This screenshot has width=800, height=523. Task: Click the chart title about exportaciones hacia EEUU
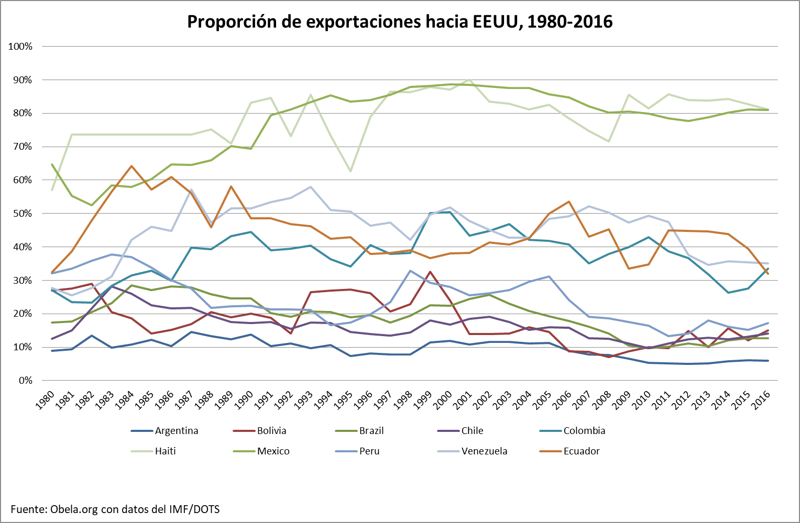400,21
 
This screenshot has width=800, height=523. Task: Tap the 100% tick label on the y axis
20,47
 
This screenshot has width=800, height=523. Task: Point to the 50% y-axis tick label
22,214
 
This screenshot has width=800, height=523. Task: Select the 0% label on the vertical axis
25,381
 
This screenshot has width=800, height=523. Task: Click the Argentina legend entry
177,431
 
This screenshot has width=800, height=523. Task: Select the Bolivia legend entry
271,431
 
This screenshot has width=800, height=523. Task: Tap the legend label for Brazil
371,431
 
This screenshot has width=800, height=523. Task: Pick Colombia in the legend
584,431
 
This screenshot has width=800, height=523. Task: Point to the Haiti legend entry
165,451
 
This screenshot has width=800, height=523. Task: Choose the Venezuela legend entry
484,451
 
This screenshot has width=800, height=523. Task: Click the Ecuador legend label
582,451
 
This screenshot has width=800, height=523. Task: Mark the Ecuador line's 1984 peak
131,166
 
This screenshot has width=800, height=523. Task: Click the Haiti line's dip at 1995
350,171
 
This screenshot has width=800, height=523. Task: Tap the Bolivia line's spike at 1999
430,272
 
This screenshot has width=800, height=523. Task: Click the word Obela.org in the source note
74,509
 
